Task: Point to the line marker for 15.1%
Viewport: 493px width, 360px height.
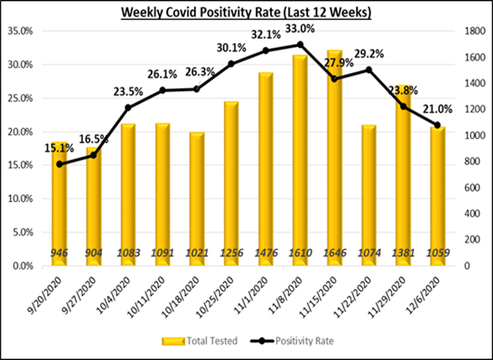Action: (x=60, y=164)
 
